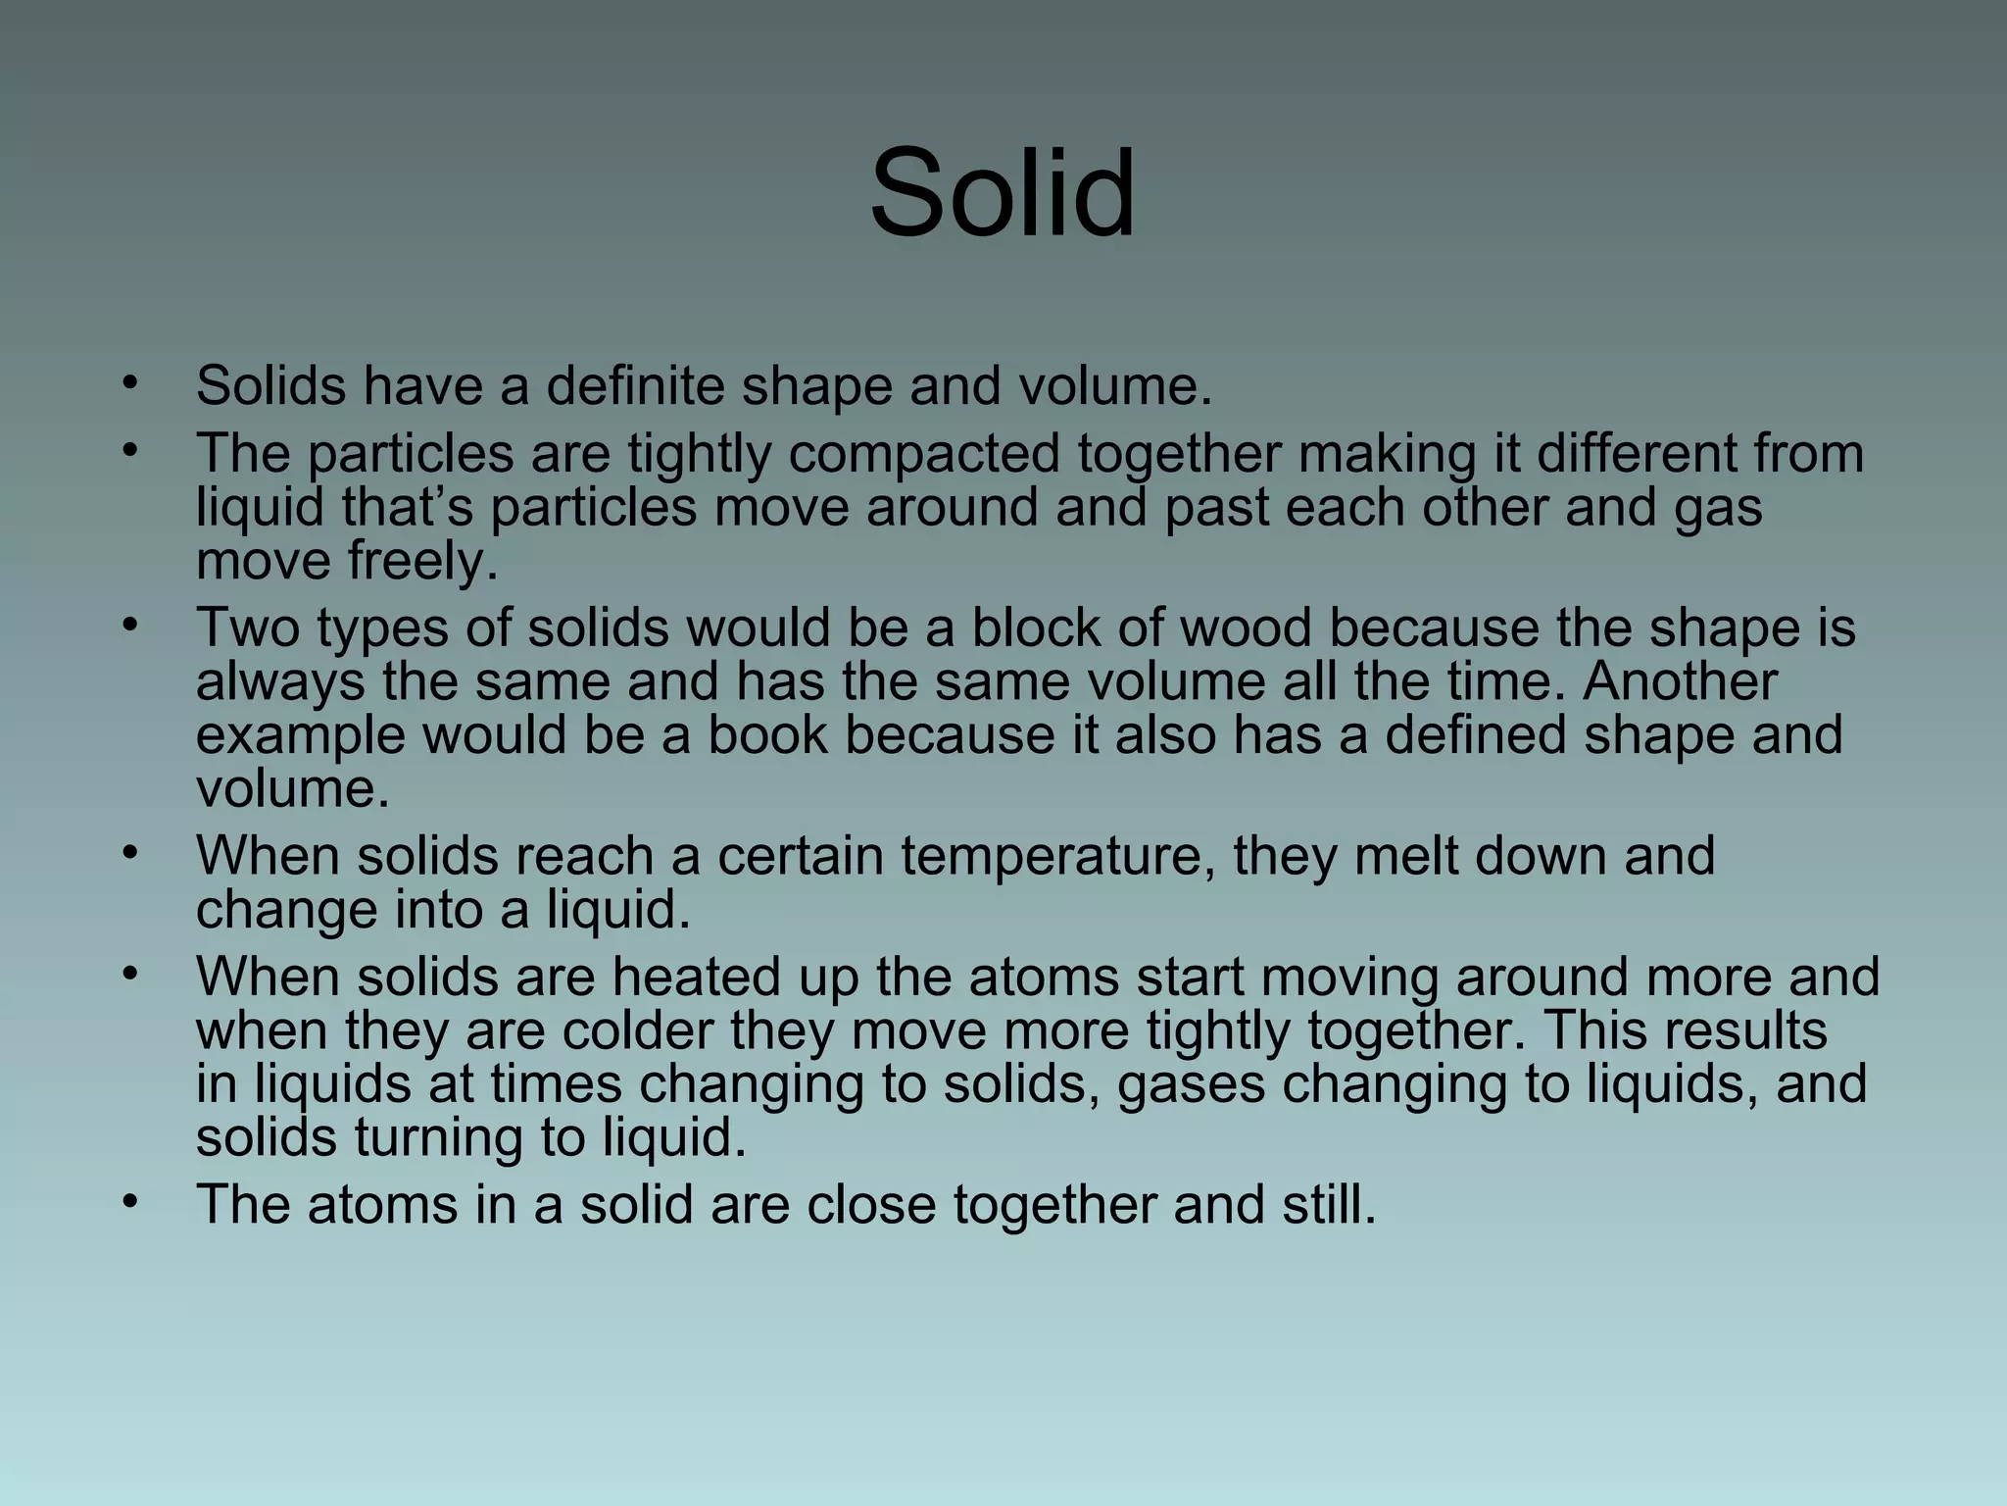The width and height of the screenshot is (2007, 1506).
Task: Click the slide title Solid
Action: click(1003, 192)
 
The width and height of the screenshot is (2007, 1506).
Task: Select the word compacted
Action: click(924, 453)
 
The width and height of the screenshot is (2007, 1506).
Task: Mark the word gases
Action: click(1191, 1084)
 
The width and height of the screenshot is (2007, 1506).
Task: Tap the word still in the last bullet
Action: click(1329, 1205)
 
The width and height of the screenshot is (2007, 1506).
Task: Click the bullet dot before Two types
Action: click(128, 625)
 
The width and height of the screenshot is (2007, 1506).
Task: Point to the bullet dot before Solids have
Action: click(128, 383)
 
